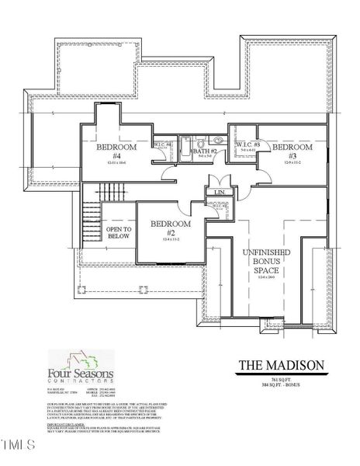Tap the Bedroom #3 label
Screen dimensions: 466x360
292,151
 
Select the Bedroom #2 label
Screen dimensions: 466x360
171,228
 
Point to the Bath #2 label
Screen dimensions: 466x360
205,152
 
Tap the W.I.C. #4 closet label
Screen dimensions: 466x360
162,145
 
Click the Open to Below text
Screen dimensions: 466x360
119,234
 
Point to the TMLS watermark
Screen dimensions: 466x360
19,447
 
